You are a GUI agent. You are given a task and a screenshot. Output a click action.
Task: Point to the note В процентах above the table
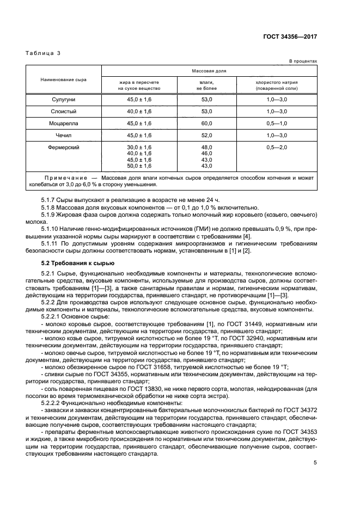[303, 62]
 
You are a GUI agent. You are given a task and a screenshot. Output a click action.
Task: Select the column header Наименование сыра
[63, 79]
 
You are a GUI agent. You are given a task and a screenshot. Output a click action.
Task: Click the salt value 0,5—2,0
[277, 148]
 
